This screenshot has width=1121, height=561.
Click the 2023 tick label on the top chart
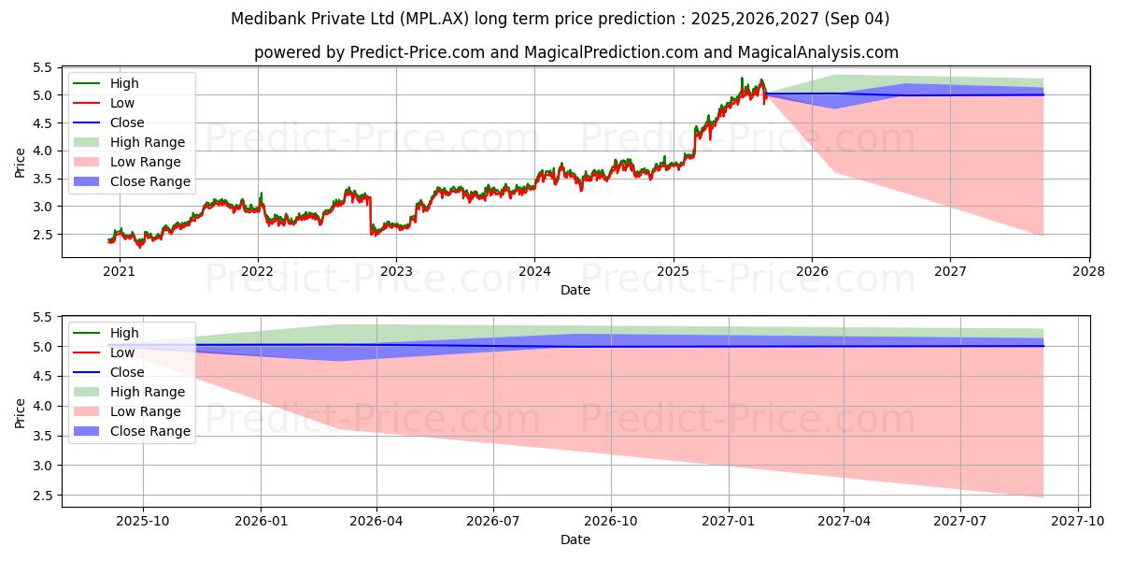coord(395,272)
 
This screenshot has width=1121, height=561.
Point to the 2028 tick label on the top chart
coord(1089,272)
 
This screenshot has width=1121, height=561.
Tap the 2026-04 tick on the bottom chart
coord(377,522)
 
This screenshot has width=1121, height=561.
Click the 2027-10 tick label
coord(1078,522)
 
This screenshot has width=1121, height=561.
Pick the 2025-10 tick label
coord(143,522)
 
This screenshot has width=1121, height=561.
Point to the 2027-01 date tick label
coord(728,522)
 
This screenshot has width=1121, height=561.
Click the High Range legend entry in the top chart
coord(148,142)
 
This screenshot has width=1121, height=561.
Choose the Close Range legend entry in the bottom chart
coord(149,431)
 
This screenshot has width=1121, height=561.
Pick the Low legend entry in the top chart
coord(122,103)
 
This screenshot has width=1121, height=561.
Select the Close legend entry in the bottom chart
coord(127,372)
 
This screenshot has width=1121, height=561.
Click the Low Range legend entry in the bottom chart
coord(146,411)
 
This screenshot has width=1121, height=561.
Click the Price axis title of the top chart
coord(20,162)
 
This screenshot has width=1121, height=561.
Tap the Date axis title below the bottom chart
coord(575,539)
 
